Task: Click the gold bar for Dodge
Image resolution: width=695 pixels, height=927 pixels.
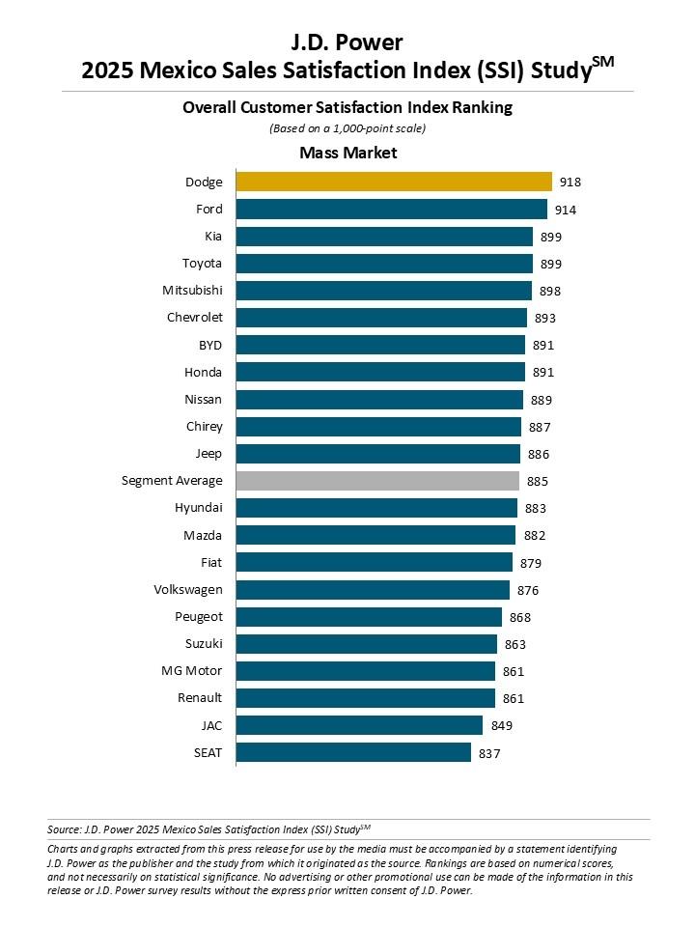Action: click(x=394, y=182)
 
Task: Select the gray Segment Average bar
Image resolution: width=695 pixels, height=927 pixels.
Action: click(x=377, y=480)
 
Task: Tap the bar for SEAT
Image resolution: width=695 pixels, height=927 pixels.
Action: click(x=353, y=752)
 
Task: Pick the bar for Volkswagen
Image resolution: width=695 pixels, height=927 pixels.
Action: click(x=373, y=589)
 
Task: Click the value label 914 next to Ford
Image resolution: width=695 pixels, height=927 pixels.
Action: click(x=566, y=210)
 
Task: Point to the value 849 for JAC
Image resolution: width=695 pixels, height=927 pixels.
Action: click(x=501, y=725)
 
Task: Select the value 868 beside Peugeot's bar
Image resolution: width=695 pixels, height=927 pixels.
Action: click(x=520, y=617)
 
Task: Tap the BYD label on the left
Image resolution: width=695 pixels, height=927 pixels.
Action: click(x=208, y=345)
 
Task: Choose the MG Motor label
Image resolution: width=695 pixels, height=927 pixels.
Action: click(x=191, y=671)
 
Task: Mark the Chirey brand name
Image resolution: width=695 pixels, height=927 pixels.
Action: click(x=204, y=426)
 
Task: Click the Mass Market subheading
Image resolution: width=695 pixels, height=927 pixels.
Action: click(x=347, y=153)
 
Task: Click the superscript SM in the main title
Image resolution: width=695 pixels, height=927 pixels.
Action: click(x=601, y=62)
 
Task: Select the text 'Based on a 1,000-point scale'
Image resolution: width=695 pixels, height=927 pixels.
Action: click(x=347, y=128)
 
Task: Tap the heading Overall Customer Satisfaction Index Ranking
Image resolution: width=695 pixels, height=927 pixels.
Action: click(x=347, y=108)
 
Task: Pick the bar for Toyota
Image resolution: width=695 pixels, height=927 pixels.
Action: click(x=384, y=264)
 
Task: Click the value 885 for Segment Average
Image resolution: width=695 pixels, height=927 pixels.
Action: click(x=538, y=481)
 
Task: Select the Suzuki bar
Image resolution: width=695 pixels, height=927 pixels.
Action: click(x=367, y=644)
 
